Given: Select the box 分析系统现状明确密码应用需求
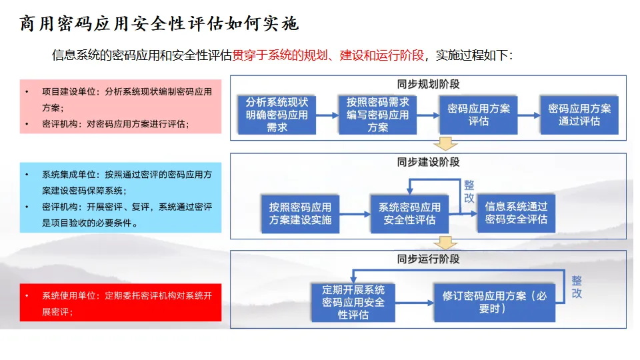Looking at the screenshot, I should point(277,115).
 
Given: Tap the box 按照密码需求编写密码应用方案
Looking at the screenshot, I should point(377,115).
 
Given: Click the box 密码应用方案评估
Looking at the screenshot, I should point(478,115).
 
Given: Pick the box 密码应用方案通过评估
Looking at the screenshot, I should point(579,115).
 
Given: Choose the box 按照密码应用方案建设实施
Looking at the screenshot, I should point(300,213).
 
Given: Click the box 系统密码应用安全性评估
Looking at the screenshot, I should point(409,213).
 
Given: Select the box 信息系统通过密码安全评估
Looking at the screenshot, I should point(516,213).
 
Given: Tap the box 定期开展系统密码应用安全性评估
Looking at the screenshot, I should point(353,302).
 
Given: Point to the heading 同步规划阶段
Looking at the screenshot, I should point(428,85).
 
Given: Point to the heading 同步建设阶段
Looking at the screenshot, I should point(428,162).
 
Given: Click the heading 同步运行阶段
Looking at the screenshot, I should point(428,259).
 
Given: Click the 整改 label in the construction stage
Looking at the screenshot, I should point(469,191).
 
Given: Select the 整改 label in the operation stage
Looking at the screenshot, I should point(576,287).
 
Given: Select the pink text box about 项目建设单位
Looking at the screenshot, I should point(120,107).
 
